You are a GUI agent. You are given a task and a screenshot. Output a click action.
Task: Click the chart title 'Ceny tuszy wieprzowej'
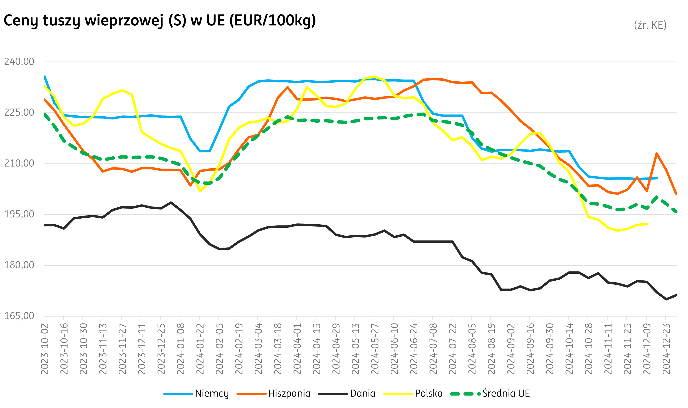[159, 21]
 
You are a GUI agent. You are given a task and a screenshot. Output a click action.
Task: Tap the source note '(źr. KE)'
[650, 25]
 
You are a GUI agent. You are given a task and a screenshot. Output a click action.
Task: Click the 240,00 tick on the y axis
[19, 62]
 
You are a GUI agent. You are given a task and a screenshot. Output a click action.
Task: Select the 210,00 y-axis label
[19, 163]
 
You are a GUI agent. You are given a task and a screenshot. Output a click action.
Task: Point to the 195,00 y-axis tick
[19, 214]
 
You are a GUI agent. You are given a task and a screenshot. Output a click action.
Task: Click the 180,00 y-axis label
[19, 265]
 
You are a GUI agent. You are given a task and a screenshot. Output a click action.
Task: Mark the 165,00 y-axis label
[19, 316]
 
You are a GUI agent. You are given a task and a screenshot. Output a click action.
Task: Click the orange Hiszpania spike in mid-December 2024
[657, 153]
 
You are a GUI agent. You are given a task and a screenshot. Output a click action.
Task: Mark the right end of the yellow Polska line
[647, 224]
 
